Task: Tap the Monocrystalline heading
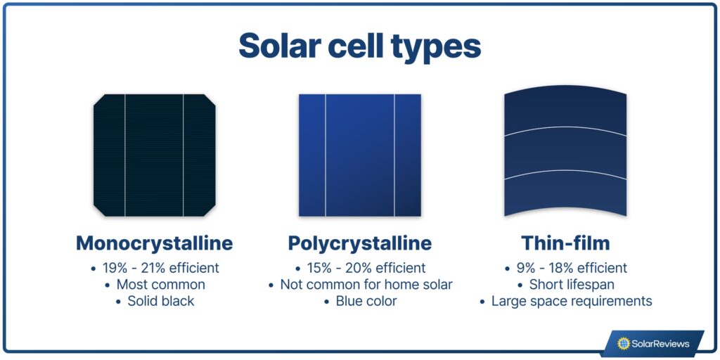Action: click(154, 243)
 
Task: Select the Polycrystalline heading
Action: click(359, 243)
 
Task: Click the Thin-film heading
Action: click(565, 243)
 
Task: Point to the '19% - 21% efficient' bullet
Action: click(159, 268)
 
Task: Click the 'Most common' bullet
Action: click(160, 285)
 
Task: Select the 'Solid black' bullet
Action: click(160, 301)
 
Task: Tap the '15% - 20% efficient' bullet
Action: click(365, 268)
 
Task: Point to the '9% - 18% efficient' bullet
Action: click(571, 268)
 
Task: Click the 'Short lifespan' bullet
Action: click(571, 285)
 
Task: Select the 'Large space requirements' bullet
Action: click(571, 301)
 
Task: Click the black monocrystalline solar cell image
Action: click(154, 155)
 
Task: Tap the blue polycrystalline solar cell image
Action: click(359, 155)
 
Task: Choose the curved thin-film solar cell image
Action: click(565, 155)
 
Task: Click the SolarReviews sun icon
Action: click(623, 344)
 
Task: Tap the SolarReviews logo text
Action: click(661, 344)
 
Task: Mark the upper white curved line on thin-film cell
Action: click(565, 128)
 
